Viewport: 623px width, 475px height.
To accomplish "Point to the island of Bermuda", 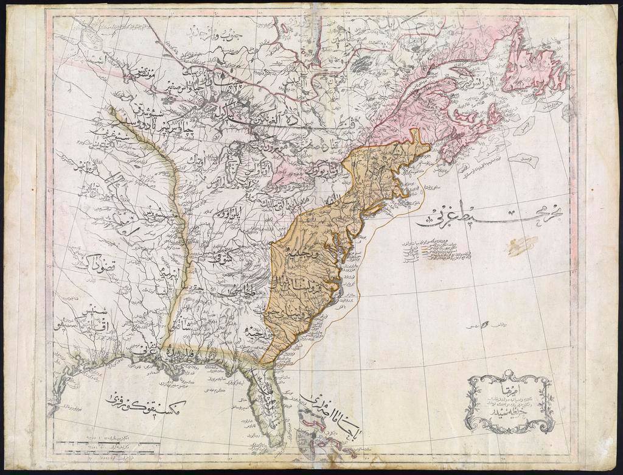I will pyautogui.click(x=485, y=325).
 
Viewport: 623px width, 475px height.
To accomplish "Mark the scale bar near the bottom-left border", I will pyautogui.click(x=103, y=449).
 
